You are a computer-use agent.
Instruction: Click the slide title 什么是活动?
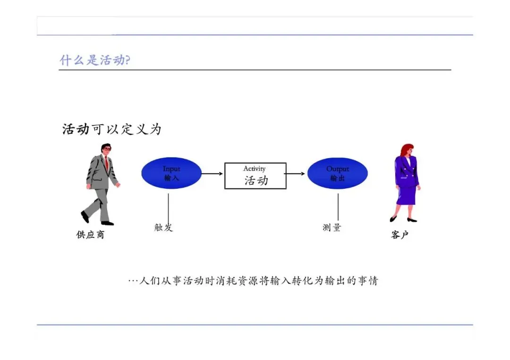pyautogui.click(x=94, y=60)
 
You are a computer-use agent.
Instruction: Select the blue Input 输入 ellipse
pyautogui.click(x=171, y=173)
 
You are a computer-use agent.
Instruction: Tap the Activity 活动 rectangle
pyautogui.click(x=255, y=176)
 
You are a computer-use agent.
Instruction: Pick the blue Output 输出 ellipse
pyautogui.click(x=337, y=173)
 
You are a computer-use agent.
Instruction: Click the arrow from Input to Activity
pyautogui.click(x=212, y=173)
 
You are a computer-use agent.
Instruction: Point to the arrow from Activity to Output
pyautogui.click(x=296, y=173)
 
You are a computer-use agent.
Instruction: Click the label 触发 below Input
pyautogui.click(x=163, y=227)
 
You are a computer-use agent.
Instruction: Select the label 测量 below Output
pyautogui.click(x=331, y=227)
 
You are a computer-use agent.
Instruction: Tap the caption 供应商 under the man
pyautogui.click(x=90, y=234)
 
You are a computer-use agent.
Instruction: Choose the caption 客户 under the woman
pyautogui.click(x=399, y=234)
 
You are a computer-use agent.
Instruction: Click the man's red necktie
pyautogui.click(x=107, y=163)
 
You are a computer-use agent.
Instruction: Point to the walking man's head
pyautogui.click(x=106, y=149)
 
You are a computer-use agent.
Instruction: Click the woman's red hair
pyautogui.click(x=406, y=150)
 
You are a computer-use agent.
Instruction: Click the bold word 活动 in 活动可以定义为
pyautogui.click(x=76, y=129)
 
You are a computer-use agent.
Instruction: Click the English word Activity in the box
pyautogui.click(x=255, y=168)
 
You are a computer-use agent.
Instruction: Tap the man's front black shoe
pyautogui.click(x=108, y=223)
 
